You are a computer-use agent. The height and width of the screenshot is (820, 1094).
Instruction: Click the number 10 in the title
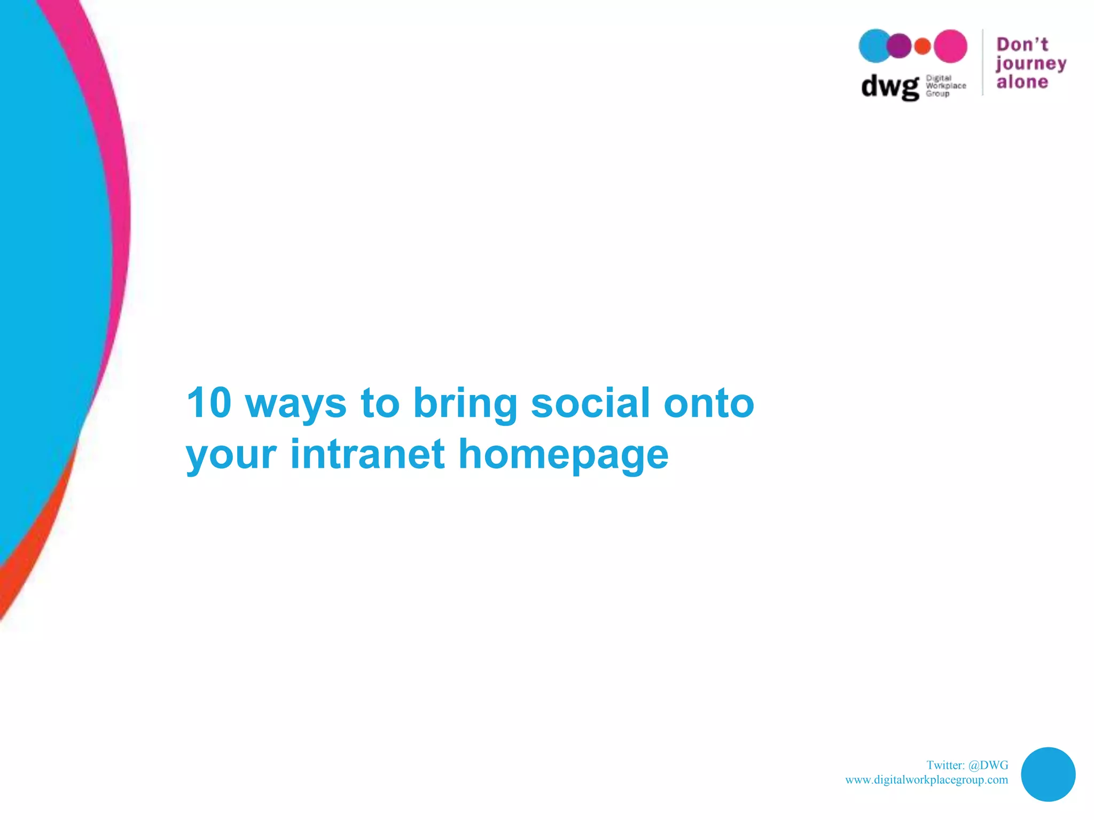coord(209,403)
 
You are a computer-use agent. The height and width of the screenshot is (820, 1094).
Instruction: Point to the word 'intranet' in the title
coord(367,454)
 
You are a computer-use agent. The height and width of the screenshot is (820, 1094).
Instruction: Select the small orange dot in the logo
coord(923,46)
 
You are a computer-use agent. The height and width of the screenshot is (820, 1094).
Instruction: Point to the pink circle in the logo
coord(951,46)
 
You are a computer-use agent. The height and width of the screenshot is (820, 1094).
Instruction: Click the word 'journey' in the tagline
coord(1030,64)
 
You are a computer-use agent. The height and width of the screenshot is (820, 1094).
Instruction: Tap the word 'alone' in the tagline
coord(1022,82)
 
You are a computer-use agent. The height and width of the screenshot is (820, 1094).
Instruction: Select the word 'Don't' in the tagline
coord(1022,44)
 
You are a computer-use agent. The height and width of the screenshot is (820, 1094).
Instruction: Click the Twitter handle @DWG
coord(988,765)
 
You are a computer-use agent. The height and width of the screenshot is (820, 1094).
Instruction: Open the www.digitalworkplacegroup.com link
coord(926,779)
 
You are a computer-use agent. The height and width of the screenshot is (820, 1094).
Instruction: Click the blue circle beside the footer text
coord(1048,774)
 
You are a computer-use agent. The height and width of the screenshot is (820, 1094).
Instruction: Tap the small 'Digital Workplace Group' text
coord(945,86)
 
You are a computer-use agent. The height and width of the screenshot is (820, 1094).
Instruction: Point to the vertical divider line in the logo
coord(983,62)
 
